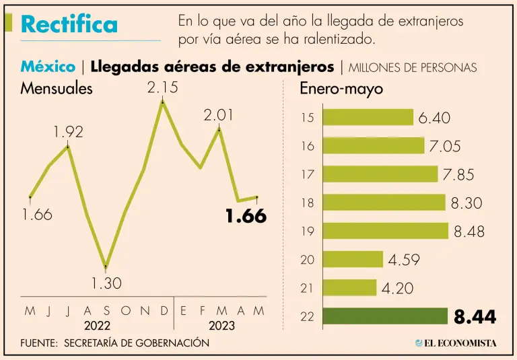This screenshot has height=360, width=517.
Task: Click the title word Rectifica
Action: pos(69,25)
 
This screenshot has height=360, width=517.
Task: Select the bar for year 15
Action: pos(368,117)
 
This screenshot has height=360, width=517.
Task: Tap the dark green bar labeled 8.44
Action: pos(385,316)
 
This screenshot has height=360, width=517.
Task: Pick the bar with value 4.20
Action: pos(349,287)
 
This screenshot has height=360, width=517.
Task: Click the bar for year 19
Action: pos(385,231)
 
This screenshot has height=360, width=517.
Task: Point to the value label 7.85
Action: pos(458,175)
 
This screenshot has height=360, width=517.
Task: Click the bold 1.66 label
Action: pos(246,217)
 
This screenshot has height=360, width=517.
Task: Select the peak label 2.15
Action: pos(162,87)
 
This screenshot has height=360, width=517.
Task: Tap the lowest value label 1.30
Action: pos(106,283)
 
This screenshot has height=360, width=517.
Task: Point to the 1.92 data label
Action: pos(68,133)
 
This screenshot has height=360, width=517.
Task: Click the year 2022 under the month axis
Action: pos(97,326)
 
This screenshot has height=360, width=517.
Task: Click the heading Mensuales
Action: pos(57,88)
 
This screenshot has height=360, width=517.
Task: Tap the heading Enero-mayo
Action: pos(341,88)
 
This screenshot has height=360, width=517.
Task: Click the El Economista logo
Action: pos(456,343)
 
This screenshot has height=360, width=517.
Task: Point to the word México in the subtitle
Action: pos(48,67)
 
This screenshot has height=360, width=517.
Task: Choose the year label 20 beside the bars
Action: pos(307,260)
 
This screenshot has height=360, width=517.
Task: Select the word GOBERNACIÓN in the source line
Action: pos(171,343)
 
